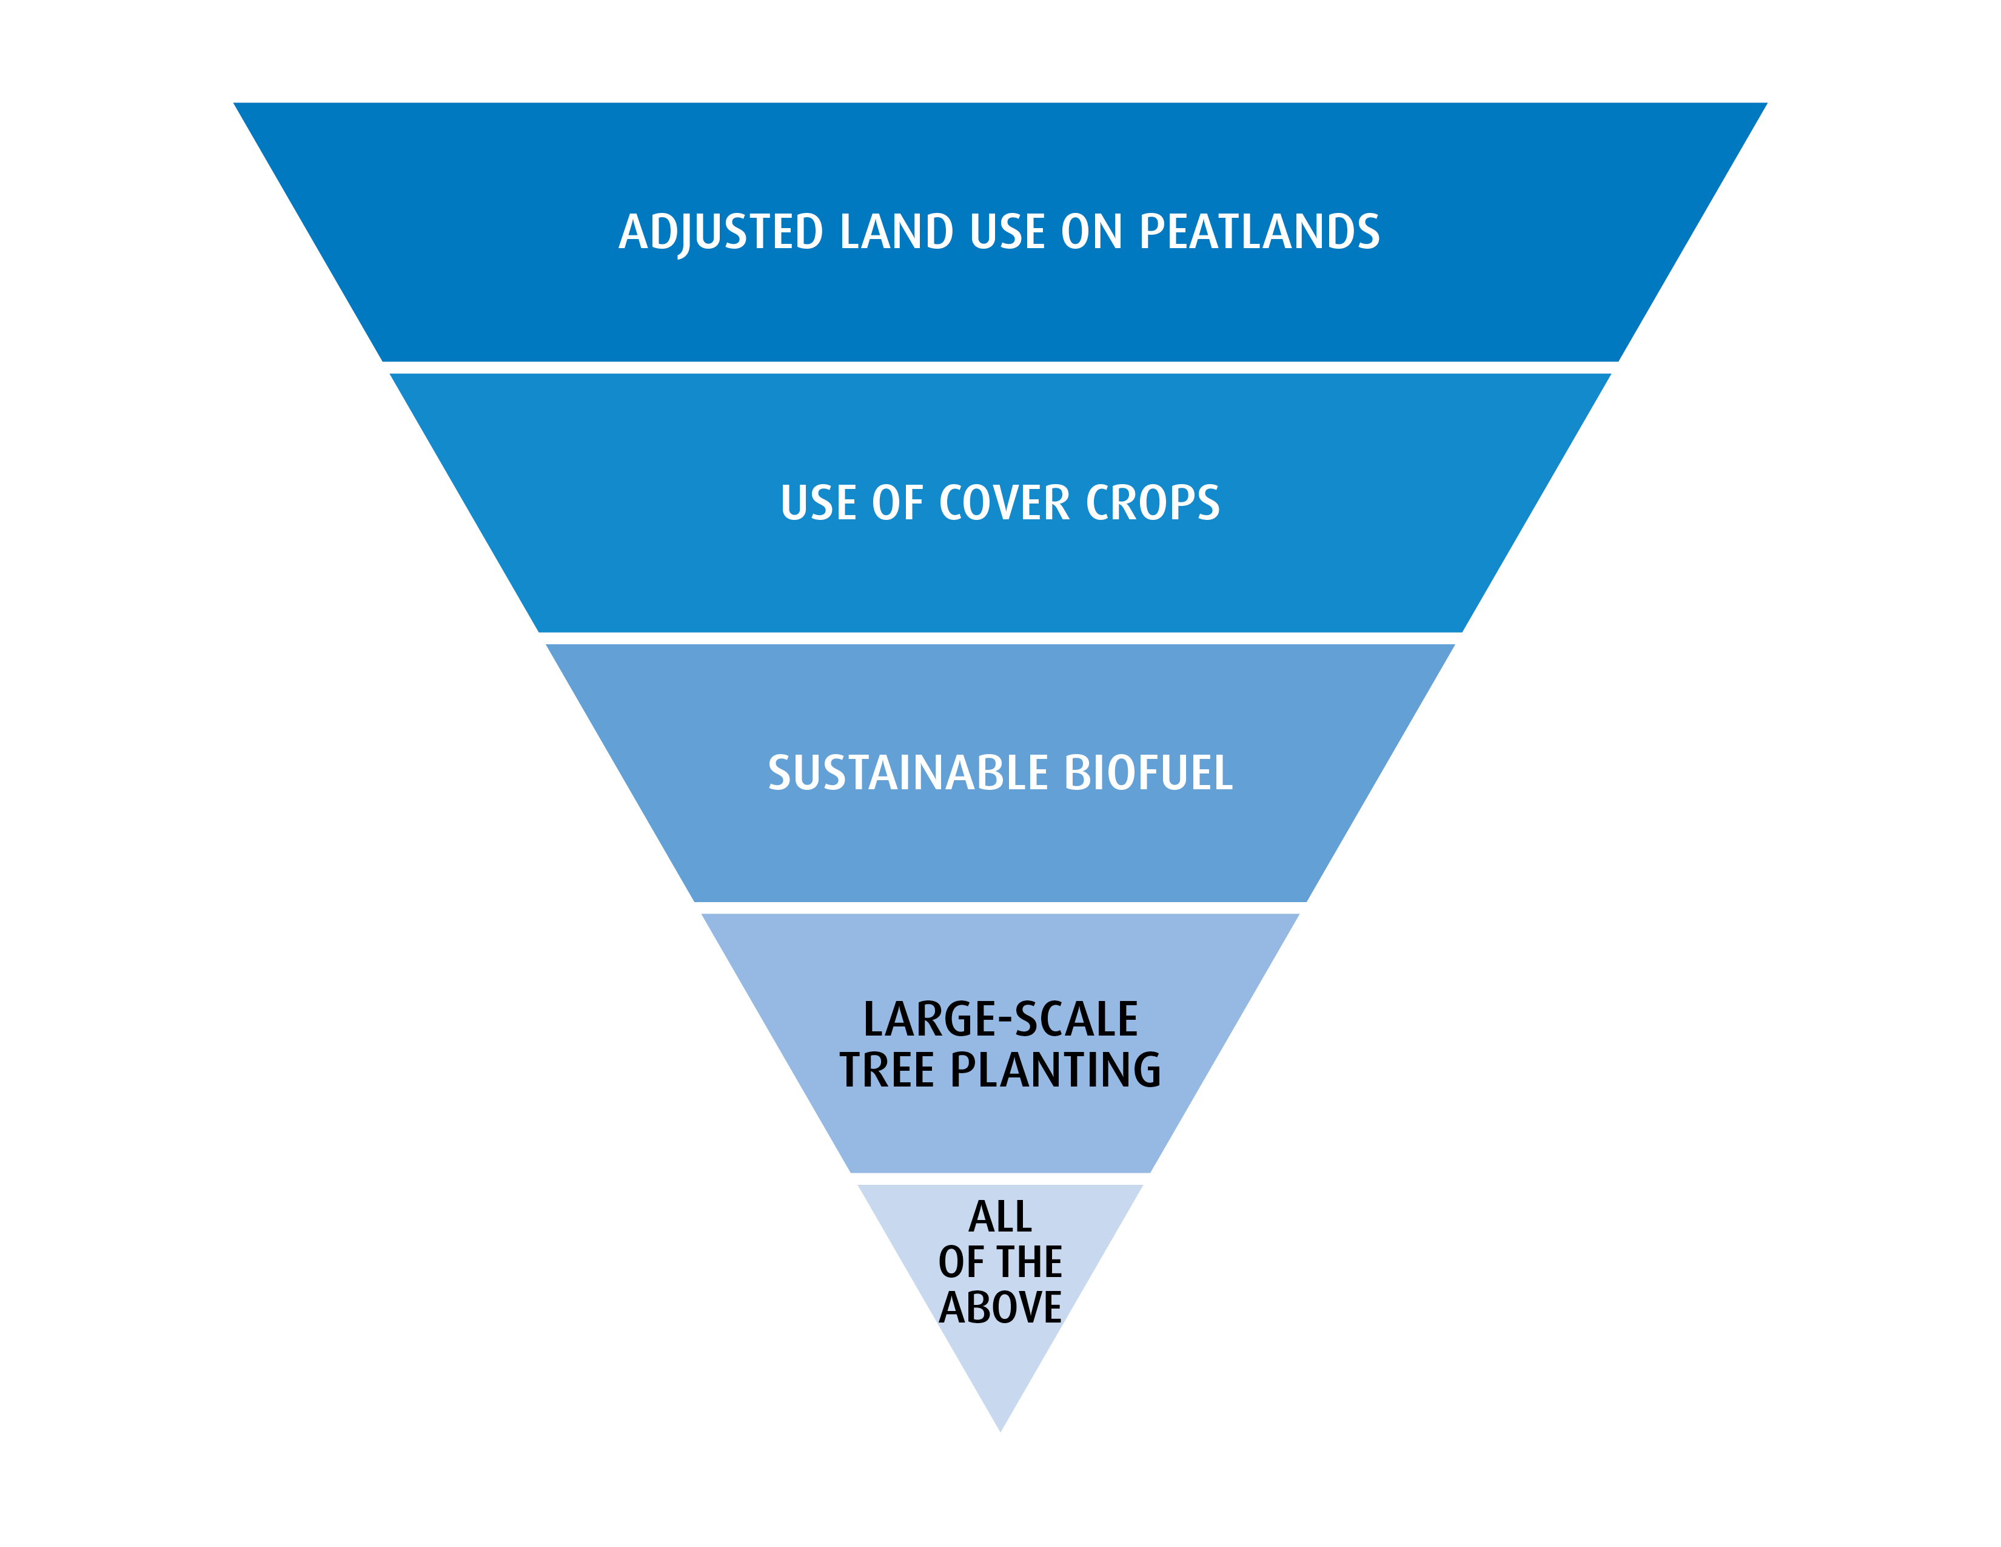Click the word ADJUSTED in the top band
click(721, 232)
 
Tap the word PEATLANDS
click(1259, 232)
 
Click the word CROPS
click(1153, 503)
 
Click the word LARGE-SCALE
click(1000, 1019)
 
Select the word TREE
click(886, 1070)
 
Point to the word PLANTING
click(1056, 1070)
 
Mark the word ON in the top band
click(1091, 232)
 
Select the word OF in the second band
click(898, 503)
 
